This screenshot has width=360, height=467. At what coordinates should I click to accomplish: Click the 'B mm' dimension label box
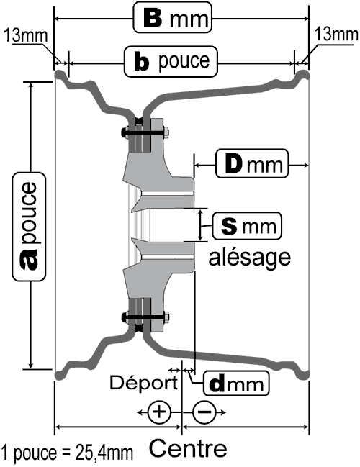point(172,17)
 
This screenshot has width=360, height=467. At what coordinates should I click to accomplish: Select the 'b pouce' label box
point(171,61)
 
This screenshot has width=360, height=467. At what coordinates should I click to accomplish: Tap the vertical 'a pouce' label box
point(29,227)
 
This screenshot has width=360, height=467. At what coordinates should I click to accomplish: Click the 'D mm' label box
point(252,163)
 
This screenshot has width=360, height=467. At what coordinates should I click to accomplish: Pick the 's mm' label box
point(247,226)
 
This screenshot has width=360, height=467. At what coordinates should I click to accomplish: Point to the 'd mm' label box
point(236,383)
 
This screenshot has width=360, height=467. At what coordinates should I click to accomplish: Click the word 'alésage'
point(249,258)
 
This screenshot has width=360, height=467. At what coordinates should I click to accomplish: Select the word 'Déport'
point(144,383)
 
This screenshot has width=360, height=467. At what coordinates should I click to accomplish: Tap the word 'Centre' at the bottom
point(188,448)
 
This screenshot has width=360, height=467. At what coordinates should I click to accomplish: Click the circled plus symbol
point(159,412)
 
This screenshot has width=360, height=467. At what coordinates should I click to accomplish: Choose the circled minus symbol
point(204,412)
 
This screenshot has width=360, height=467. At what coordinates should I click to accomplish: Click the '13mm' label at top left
point(26,35)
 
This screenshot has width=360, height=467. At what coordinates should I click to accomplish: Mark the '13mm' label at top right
point(336,34)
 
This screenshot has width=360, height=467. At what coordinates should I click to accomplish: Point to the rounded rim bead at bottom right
point(303,374)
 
